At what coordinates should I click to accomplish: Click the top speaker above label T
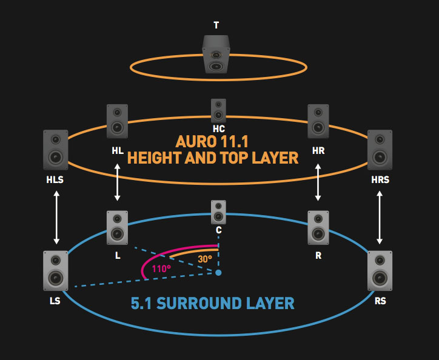[x=216, y=54]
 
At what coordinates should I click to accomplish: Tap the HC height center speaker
[x=218, y=111]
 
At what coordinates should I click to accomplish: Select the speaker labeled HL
[x=117, y=121]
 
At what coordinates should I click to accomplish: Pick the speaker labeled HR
[x=318, y=121]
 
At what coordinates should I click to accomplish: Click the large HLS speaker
[x=56, y=150]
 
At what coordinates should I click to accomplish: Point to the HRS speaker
[x=380, y=150]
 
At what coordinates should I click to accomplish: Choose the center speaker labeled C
[x=218, y=212]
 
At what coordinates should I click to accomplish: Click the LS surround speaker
[x=56, y=270]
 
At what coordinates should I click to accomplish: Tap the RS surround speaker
[x=380, y=270]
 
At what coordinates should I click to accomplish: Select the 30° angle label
[x=205, y=258]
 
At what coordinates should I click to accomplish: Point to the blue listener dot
[x=218, y=273]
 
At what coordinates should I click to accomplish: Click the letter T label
[x=216, y=25]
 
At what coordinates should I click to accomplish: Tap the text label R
[x=318, y=255]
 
